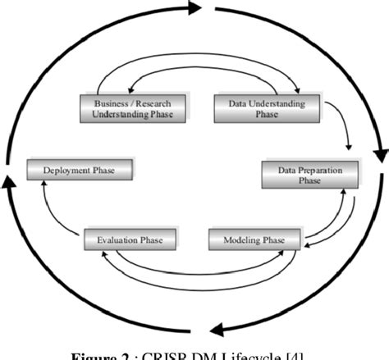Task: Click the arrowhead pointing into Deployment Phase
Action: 48,185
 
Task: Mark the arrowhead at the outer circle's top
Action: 194,9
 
